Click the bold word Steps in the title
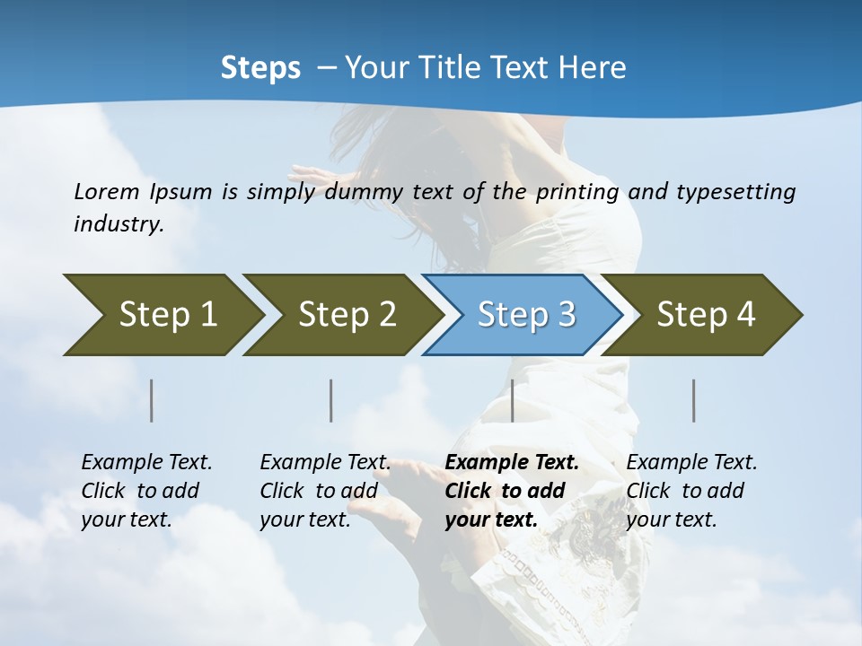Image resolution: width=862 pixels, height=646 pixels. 260,68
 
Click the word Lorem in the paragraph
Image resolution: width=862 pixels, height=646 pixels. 107,192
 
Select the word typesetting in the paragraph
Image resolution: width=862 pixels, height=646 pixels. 735,192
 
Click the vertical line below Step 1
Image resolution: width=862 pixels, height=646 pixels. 152,400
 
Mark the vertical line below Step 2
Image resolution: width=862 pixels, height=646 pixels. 331,400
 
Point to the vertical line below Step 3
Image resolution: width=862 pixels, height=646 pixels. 512,400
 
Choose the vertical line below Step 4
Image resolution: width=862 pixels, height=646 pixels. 694,400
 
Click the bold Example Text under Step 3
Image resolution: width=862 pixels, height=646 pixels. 512,463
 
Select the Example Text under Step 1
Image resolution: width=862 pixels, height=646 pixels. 146,463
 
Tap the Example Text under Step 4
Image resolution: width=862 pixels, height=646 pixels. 691,463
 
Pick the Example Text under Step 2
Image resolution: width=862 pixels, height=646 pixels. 325,463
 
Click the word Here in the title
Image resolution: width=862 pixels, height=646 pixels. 592,68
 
